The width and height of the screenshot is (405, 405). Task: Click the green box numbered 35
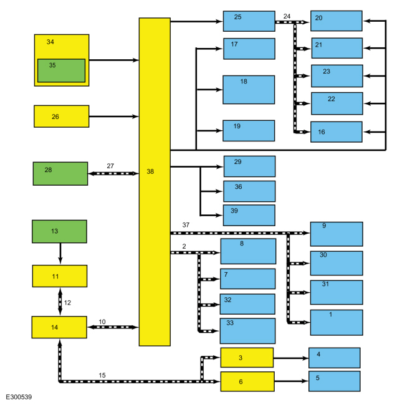(61, 70)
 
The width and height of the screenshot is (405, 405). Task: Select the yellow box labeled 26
(62, 117)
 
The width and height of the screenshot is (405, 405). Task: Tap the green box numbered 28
(60, 174)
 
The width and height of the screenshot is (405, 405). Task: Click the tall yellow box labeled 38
(155, 182)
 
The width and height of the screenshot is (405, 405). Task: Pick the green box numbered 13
(59, 231)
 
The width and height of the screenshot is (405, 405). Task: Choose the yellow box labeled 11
(60, 276)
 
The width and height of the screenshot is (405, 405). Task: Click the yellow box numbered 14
(59, 327)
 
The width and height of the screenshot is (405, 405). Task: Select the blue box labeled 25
(249, 21)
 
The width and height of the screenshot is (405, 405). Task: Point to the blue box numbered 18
(249, 90)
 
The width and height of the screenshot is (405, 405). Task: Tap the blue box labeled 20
(336, 21)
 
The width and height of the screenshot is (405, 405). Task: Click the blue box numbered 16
(336, 131)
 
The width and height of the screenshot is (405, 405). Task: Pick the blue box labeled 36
(249, 191)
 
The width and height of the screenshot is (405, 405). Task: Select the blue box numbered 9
(336, 234)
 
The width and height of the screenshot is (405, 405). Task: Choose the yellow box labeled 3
(247, 358)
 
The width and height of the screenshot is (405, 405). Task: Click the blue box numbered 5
(335, 381)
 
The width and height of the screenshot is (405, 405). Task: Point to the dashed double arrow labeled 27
(113, 174)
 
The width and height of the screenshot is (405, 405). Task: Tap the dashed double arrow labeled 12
(60, 302)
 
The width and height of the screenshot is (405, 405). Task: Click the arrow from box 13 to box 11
(60, 254)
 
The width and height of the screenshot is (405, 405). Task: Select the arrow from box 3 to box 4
(291, 358)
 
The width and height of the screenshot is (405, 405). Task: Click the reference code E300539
(19, 397)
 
